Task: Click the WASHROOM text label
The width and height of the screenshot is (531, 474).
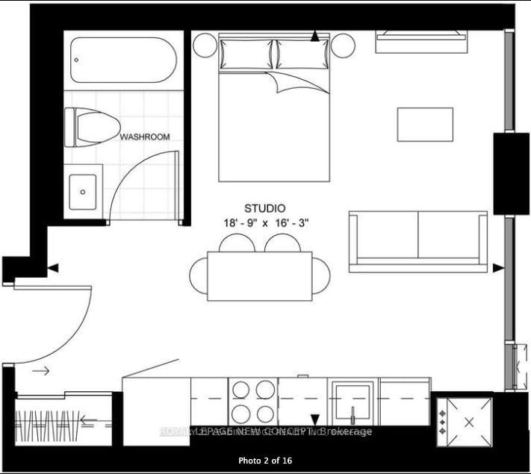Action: (x=145, y=137)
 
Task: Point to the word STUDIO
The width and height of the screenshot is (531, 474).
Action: (x=265, y=208)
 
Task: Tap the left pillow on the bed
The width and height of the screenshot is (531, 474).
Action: (x=246, y=54)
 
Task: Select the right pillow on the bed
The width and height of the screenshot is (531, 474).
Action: (x=302, y=54)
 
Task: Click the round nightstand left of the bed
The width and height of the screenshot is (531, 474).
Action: (x=205, y=46)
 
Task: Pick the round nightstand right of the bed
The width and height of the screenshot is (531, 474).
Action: (x=344, y=46)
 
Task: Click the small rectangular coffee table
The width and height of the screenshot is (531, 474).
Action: (x=425, y=124)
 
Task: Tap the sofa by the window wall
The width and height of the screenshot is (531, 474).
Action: (x=417, y=241)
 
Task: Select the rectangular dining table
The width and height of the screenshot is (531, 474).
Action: (x=259, y=276)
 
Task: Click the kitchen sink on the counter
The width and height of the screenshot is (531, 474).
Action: (x=353, y=401)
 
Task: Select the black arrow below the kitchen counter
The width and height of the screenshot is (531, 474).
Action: (x=315, y=420)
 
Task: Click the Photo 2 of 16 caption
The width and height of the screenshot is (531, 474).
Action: (x=265, y=461)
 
